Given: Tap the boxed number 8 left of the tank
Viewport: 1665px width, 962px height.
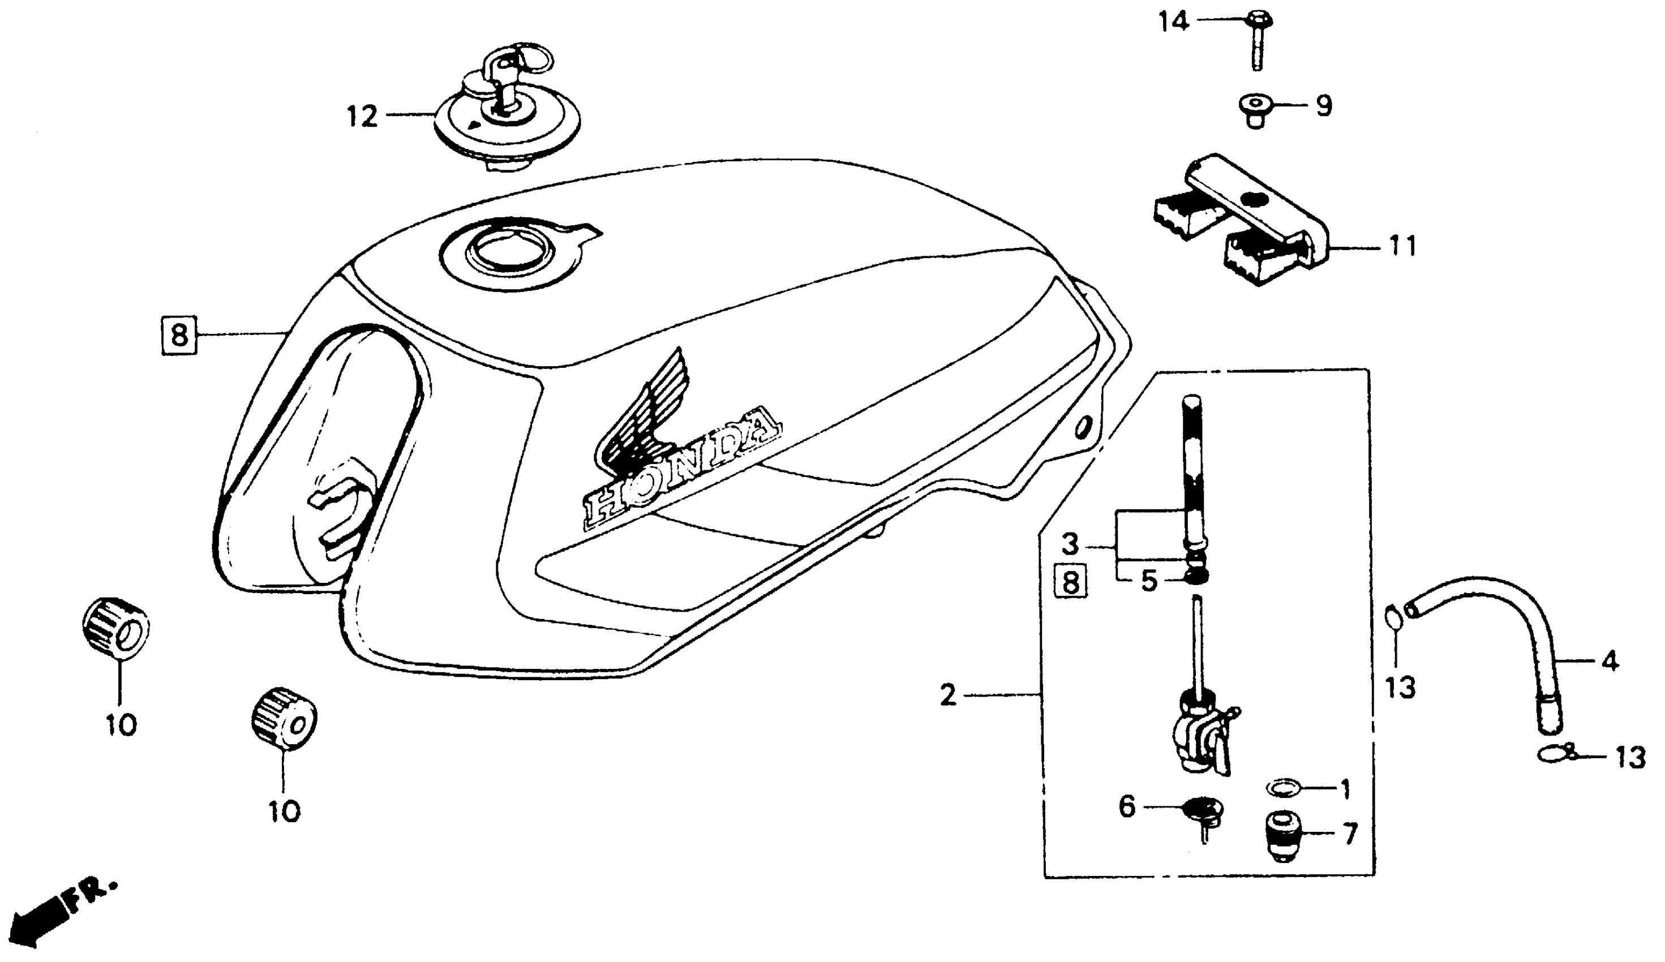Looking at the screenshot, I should [179, 336].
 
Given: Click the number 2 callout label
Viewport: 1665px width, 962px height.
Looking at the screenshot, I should [948, 695].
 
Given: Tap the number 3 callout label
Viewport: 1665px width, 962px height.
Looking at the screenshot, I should [1070, 545].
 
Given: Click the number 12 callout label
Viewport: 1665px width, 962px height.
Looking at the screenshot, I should [363, 117].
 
